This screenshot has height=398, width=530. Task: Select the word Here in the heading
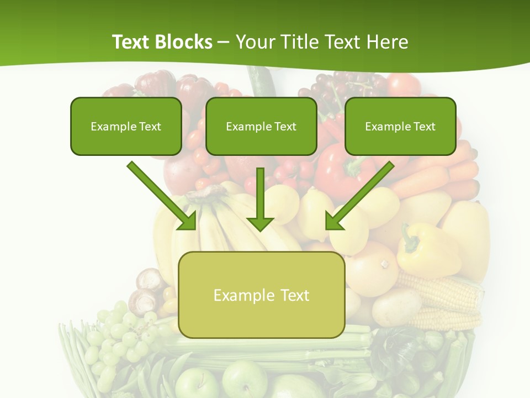(x=388, y=42)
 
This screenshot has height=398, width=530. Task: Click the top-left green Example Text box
(x=126, y=127)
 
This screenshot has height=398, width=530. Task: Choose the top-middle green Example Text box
(x=261, y=127)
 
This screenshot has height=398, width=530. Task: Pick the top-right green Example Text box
(x=400, y=127)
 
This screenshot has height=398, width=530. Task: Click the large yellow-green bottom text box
(x=262, y=295)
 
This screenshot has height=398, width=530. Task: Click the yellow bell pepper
(x=428, y=252)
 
